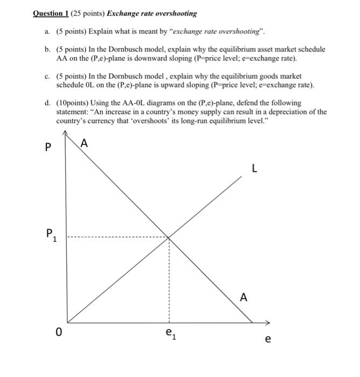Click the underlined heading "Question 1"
tap(52, 13)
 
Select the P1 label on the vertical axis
tap(50, 234)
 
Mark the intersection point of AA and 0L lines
tap(169, 237)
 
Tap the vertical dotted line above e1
tap(169, 280)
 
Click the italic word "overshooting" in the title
tap(177, 13)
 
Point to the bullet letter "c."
tap(47, 76)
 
